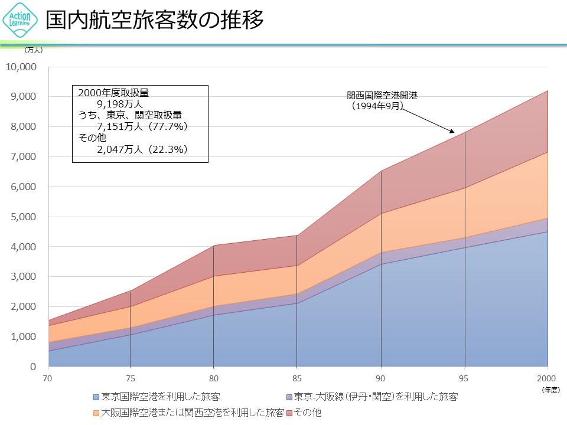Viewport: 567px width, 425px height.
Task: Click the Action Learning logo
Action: pyautogui.click(x=21, y=21)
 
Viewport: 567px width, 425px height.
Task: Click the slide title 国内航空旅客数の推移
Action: pyautogui.click(x=155, y=21)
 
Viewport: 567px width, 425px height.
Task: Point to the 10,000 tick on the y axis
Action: pyautogui.click(x=22, y=67)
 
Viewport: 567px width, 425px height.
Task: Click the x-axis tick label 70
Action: pyautogui.click(x=47, y=378)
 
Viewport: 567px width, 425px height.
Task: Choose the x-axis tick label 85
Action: pyautogui.click(x=297, y=378)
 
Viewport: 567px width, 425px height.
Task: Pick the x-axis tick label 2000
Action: pyautogui.click(x=547, y=378)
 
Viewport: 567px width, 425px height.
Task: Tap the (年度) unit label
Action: pyautogui.click(x=550, y=390)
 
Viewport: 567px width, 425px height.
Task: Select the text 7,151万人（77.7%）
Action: pyautogui.click(x=142, y=126)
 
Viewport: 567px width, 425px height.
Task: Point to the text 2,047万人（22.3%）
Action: pyautogui.click(x=142, y=149)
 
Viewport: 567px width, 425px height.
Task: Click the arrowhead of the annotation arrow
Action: pyautogui.click(x=452, y=132)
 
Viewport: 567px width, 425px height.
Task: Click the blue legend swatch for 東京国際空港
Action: pyautogui.click(x=97, y=397)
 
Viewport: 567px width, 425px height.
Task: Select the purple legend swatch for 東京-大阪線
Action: pyautogui.click(x=289, y=397)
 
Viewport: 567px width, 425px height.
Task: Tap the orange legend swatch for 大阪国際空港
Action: pyautogui.click(x=97, y=412)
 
